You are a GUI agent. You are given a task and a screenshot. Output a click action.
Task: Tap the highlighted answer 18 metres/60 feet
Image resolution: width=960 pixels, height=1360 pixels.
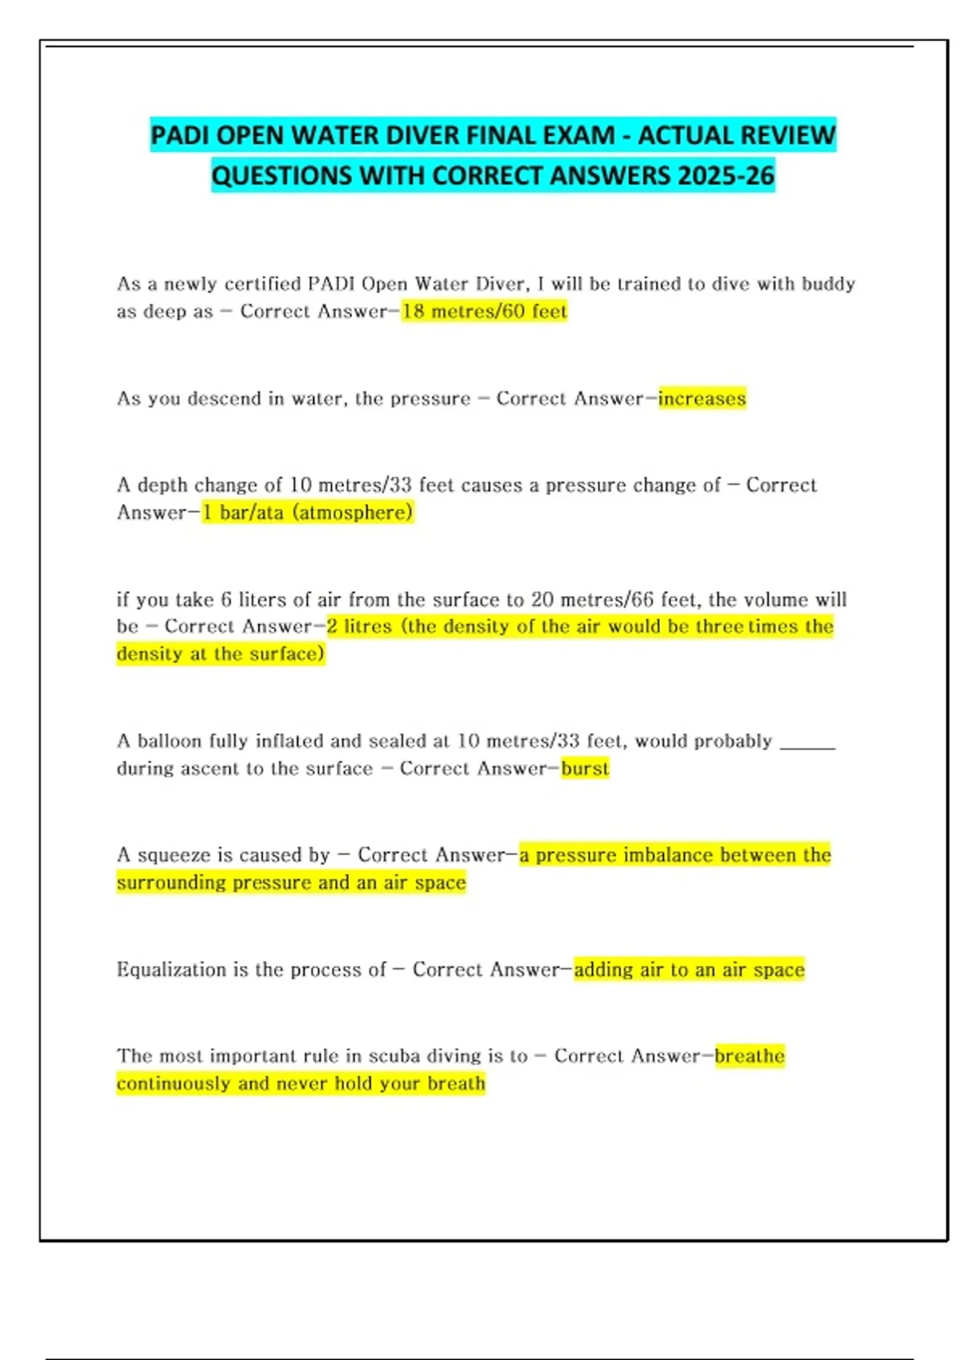(x=484, y=311)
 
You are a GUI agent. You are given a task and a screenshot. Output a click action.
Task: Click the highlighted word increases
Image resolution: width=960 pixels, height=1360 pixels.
(x=702, y=398)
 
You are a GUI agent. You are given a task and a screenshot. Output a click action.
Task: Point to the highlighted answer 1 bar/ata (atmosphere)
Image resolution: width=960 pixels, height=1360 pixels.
(x=307, y=512)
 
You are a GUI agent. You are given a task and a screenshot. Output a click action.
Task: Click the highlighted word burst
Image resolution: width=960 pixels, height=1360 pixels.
(x=585, y=769)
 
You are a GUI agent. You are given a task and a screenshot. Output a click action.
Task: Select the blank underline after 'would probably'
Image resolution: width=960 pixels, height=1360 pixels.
(x=806, y=744)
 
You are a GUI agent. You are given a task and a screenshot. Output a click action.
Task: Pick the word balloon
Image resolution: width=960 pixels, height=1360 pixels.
(x=170, y=741)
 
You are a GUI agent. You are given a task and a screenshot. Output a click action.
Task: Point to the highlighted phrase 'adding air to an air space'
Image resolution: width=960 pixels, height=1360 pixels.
(x=689, y=970)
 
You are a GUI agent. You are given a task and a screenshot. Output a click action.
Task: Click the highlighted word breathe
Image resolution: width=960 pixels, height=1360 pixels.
(x=750, y=1056)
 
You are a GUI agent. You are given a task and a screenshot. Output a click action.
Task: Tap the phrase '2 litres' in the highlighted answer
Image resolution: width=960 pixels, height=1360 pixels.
(x=359, y=626)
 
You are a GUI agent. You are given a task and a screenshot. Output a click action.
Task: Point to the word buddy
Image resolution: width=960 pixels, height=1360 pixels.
(x=829, y=284)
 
